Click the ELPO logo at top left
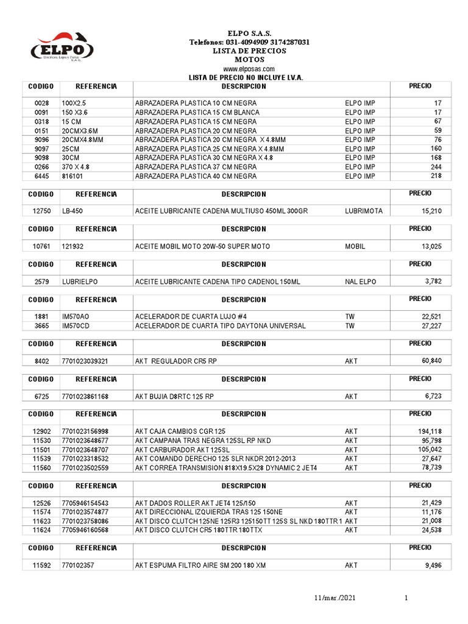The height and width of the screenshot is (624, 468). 62,48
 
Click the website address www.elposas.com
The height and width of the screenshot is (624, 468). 249,69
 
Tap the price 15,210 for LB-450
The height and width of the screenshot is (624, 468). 436,211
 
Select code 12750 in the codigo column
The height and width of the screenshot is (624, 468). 41,211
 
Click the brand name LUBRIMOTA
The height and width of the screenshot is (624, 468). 363,211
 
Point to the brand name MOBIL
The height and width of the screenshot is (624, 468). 355,247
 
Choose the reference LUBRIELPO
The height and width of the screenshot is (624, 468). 80,282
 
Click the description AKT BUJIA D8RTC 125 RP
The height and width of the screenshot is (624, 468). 174,397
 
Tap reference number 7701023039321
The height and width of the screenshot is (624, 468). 85,361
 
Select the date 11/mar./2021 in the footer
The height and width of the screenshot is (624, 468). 331,599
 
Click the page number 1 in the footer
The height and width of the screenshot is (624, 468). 406,599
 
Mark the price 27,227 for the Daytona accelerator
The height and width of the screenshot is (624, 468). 436,326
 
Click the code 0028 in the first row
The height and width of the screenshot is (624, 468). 41,104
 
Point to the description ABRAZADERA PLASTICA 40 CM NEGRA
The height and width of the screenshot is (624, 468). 196,177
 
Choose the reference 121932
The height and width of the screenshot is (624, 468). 74,247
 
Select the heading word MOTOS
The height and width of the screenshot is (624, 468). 249,60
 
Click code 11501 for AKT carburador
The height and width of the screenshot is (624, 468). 41,450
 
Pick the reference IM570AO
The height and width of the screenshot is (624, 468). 76,317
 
